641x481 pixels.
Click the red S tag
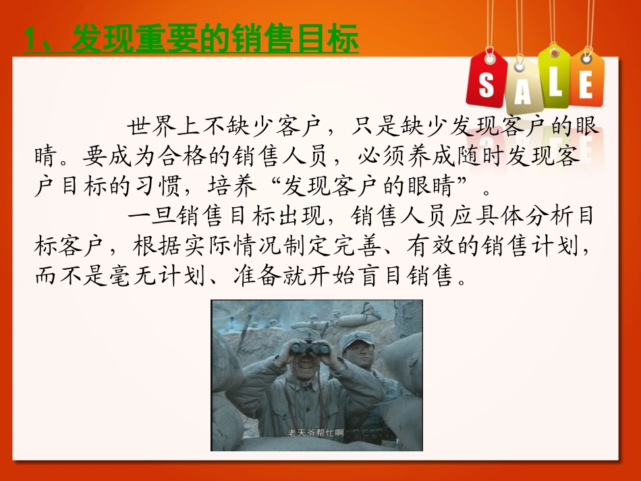(486, 80)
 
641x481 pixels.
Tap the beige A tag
(522, 86)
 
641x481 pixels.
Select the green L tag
(554, 77)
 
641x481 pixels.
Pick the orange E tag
(586, 80)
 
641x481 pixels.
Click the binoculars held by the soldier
(310, 348)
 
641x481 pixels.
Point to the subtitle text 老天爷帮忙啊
(315, 432)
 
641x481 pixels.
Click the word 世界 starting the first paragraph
(151, 126)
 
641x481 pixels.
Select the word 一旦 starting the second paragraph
(151, 215)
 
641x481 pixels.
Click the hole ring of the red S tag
(490, 59)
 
